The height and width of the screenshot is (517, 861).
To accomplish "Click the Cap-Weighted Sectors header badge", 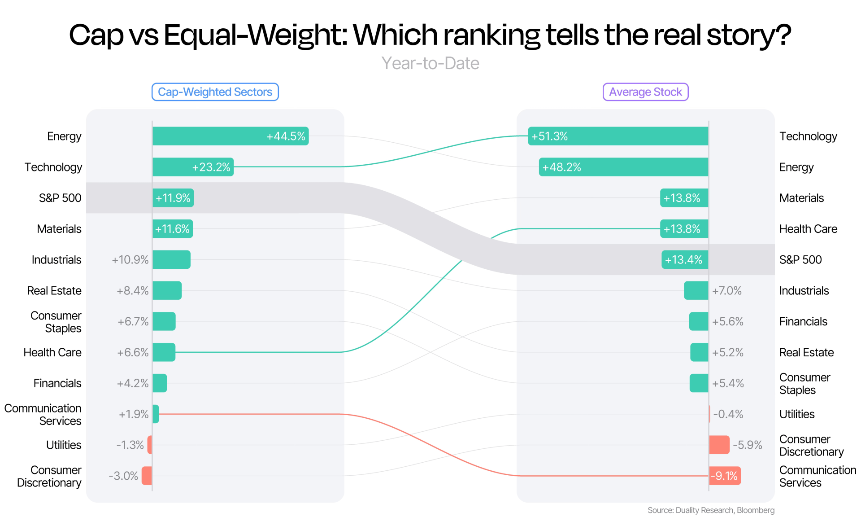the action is click(215, 92).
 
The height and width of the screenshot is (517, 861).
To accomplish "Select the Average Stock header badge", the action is click(645, 92).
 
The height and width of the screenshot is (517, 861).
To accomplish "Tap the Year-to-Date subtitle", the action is click(430, 63).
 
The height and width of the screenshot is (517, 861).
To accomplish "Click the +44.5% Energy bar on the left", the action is click(230, 136).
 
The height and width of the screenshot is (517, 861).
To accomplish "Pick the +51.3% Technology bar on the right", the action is click(618, 136).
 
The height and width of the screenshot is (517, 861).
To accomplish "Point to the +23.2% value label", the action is click(211, 167).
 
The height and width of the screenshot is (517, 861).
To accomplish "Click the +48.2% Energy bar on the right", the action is click(624, 167).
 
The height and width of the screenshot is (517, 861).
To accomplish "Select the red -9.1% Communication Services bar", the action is click(725, 476).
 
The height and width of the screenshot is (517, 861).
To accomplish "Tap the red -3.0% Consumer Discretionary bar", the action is click(147, 476).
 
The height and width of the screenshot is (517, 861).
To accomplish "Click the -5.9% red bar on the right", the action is click(719, 445).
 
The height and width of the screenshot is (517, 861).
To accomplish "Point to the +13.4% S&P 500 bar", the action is click(685, 260).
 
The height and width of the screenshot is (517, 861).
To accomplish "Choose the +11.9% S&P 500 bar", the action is click(173, 198).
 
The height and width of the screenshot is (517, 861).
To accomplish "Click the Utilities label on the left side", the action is click(64, 445).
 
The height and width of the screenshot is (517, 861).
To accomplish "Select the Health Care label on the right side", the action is click(808, 229).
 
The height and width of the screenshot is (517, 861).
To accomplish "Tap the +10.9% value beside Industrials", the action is click(130, 260).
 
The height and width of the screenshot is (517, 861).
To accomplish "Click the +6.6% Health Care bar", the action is click(164, 352).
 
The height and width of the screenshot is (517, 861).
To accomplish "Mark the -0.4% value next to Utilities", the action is click(728, 414).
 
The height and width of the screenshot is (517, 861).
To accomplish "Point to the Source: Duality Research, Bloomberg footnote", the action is click(711, 510).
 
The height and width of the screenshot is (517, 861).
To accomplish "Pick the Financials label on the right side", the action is click(803, 321).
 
